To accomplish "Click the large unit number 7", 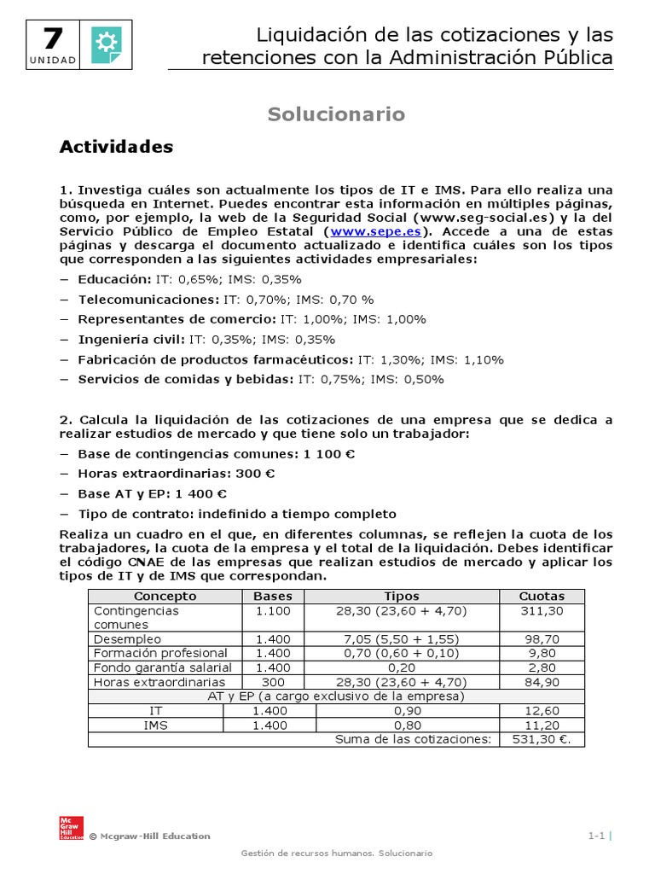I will click(52, 40).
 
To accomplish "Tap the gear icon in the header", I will click(106, 42).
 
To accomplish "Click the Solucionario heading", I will click(336, 114).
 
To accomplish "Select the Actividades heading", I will click(116, 147).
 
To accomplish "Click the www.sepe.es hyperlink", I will click(378, 231).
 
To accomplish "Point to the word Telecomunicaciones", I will click(148, 300).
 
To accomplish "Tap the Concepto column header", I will click(165, 597).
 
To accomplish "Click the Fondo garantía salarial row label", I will click(159, 667).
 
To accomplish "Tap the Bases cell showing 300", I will click(273, 682).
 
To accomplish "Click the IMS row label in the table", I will click(156, 725).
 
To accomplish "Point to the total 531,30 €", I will click(542, 739).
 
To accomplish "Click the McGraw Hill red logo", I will click(71, 827).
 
